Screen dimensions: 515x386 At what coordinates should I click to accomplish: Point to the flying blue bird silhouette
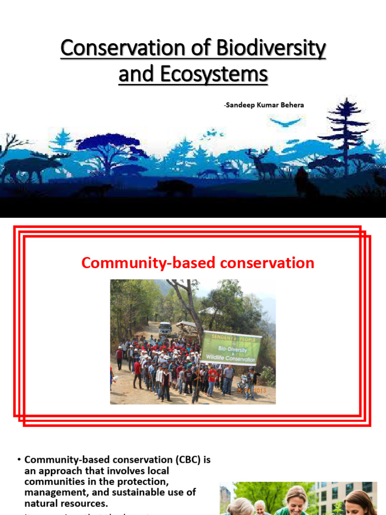pos(285,122)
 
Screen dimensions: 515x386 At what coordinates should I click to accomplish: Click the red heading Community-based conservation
pos(198,263)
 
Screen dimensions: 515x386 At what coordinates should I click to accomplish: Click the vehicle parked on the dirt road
pos(165,329)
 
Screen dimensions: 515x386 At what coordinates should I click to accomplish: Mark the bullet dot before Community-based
pos(19,460)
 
